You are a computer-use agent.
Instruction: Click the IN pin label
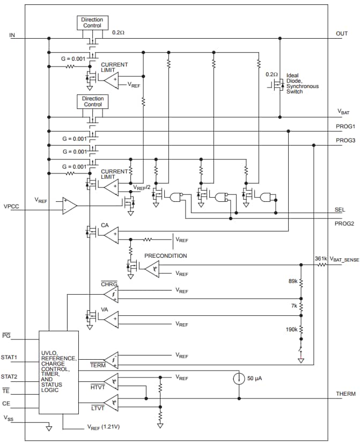click(x=12, y=35)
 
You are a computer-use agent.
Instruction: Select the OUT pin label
click(x=342, y=33)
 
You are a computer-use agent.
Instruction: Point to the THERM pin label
click(x=346, y=394)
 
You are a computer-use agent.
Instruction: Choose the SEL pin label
click(x=341, y=209)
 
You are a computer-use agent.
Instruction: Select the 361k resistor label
click(x=321, y=259)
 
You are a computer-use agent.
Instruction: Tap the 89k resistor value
click(x=292, y=280)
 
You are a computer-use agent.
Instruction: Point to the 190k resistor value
click(x=291, y=329)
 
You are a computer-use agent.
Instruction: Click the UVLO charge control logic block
click(x=58, y=372)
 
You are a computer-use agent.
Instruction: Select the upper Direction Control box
click(x=92, y=23)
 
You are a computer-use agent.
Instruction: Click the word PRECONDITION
click(x=165, y=256)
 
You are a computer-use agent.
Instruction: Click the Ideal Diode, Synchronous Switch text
click(x=302, y=83)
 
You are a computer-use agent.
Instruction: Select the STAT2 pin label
click(x=10, y=376)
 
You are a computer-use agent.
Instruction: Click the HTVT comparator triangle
click(x=111, y=381)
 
